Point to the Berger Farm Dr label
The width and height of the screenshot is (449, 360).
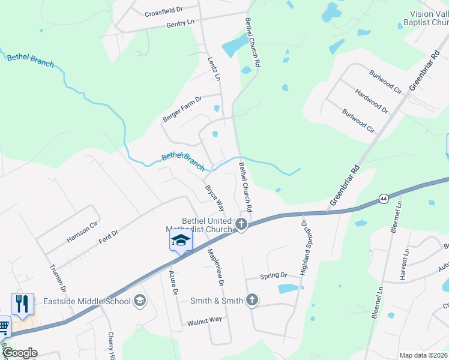click(x=182, y=108)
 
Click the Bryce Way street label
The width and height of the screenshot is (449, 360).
click(x=215, y=197)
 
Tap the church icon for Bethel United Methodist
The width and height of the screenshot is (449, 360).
click(x=241, y=225)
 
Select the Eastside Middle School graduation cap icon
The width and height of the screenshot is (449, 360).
click(x=140, y=301)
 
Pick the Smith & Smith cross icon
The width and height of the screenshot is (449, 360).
click(x=252, y=300)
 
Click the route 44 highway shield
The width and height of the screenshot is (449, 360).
click(x=382, y=198)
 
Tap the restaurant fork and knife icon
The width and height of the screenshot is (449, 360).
click(x=22, y=304)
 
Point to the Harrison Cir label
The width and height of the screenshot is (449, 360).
click(x=82, y=230)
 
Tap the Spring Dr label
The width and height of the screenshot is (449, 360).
click(x=274, y=276)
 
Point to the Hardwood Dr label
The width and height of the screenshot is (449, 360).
click(x=372, y=101)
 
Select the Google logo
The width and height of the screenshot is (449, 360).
click(x=19, y=353)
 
